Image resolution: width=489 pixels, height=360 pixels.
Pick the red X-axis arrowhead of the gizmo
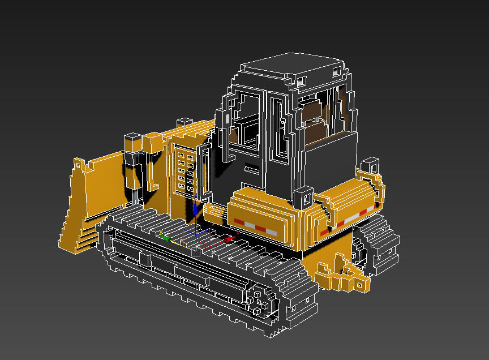tap(229, 239)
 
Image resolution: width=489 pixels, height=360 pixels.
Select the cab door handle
tap(252, 169)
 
